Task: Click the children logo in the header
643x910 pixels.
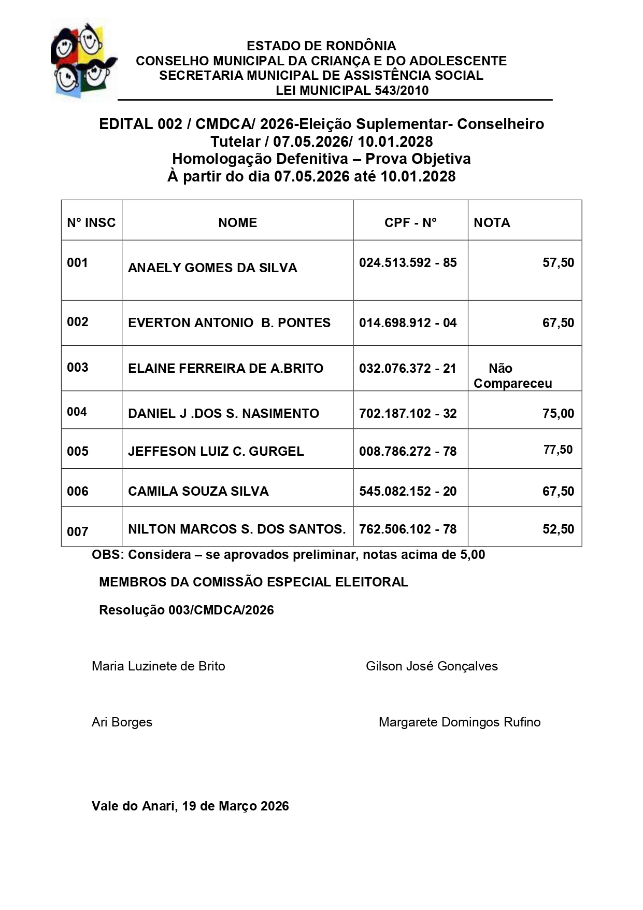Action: coord(83,60)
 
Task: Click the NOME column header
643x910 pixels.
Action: coord(237,222)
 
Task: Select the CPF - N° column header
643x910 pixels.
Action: coord(410,222)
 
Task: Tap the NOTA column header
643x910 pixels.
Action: coord(492,222)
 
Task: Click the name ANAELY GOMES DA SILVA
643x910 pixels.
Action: coord(212,268)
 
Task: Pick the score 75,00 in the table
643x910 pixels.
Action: coord(558,413)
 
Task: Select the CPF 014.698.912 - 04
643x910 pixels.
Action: coord(408,323)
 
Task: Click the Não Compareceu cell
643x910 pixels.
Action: coord(512,376)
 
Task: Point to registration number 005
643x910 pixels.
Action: coord(78,451)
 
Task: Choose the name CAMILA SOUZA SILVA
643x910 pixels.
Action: coord(198,491)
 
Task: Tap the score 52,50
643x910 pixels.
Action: coord(558,529)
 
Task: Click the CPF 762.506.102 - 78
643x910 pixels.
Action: coord(408,529)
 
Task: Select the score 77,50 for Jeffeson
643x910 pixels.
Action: coord(558,450)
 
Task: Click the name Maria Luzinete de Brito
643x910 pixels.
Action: coord(159,666)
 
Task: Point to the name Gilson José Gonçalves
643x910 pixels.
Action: coord(432,666)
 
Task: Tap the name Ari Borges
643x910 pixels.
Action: coord(122,722)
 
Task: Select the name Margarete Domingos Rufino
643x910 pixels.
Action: coord(460,722)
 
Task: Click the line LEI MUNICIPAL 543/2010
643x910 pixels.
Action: coord(352,90)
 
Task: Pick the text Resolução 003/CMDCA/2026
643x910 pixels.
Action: coord(187,610)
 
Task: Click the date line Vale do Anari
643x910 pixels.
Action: coord(190,806)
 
